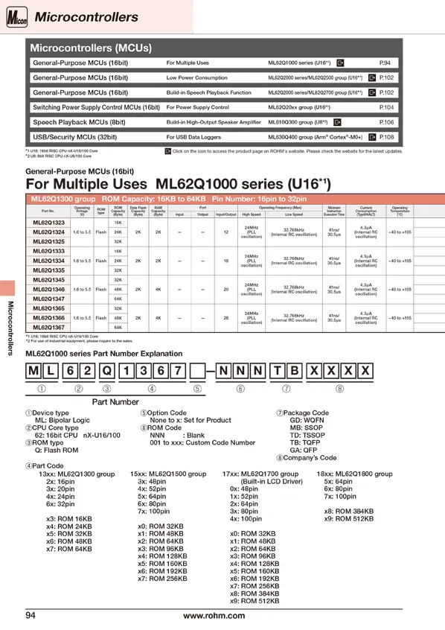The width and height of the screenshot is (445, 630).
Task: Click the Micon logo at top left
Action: coord(15,16)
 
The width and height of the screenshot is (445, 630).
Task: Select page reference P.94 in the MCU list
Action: coord(385,63)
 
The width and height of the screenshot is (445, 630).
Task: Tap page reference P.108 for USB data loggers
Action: coord(386,137)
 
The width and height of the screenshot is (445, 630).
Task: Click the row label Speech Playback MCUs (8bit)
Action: coord(79,122)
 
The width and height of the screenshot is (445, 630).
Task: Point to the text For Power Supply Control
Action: coord(197,108)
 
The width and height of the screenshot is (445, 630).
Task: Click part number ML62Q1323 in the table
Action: coord(49,223)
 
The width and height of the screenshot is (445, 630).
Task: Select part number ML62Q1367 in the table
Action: coord(49,327)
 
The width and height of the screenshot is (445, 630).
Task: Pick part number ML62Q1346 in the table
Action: coord(49,289)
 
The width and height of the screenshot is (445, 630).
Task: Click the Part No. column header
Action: coord(48,211)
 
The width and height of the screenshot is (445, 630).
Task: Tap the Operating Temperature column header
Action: coord(400,211)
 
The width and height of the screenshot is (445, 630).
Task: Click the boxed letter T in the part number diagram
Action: coord(276,371)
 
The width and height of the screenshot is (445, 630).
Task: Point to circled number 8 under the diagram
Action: coord(339,388)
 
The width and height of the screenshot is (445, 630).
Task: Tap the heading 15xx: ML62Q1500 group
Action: coord(168,474)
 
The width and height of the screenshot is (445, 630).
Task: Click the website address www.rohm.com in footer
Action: coord(214,615)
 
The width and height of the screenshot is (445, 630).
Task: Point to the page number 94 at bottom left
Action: coord(31,615)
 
